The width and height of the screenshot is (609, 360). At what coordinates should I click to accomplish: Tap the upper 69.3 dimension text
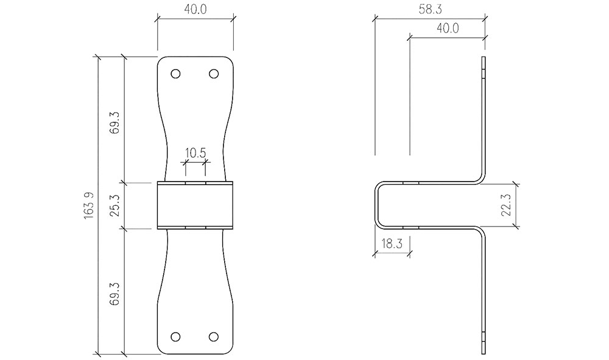[x=116, y=119]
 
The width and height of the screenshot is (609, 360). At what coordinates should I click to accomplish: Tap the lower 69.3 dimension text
[x=116, y=291]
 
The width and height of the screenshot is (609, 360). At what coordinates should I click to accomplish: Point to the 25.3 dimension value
[x=116, y=205]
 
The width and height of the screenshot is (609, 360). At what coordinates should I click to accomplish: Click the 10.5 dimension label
[x=195, y=153]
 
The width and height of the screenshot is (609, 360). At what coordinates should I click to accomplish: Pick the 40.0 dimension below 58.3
[x=447, y=28]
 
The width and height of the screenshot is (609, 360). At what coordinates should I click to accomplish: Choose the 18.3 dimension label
[x=392, y=245]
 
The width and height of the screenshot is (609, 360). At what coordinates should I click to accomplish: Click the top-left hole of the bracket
[x=176, y=74]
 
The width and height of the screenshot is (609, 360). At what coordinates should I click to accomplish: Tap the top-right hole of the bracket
[x=214, y=74]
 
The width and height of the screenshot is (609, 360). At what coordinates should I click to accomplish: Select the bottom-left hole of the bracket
[x=176, y=337]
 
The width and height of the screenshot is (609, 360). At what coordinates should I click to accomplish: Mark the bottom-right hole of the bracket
[x=214, y=337]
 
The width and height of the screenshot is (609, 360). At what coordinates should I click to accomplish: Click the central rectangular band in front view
[x=195, y=205]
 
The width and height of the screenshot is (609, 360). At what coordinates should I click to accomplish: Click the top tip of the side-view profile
[x=485, y=59]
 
